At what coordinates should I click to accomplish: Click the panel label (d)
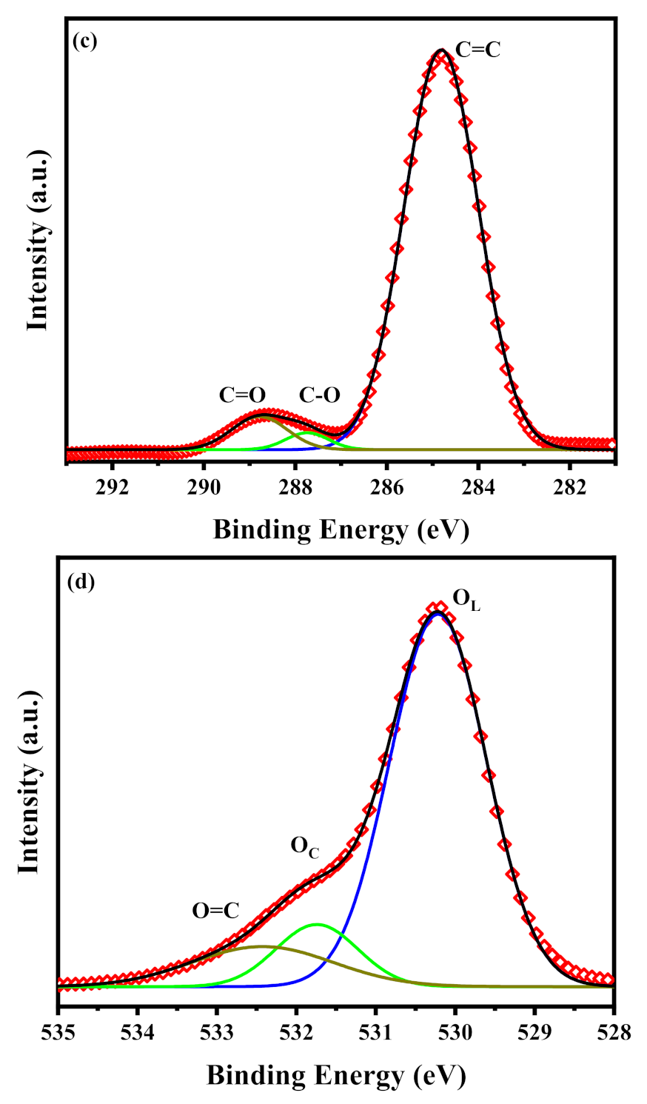point(81,581)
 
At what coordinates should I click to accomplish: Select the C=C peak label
point(477,50)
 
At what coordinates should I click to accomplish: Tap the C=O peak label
point(242,395)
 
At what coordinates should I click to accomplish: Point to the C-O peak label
point(319,395)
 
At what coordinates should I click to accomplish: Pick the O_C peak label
point(304,846)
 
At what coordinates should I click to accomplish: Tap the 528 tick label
point(614,1032)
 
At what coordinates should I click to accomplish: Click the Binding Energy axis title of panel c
point(341,529)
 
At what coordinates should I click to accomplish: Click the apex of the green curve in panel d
point(318,924)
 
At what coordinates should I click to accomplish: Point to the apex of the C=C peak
point(441,50)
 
